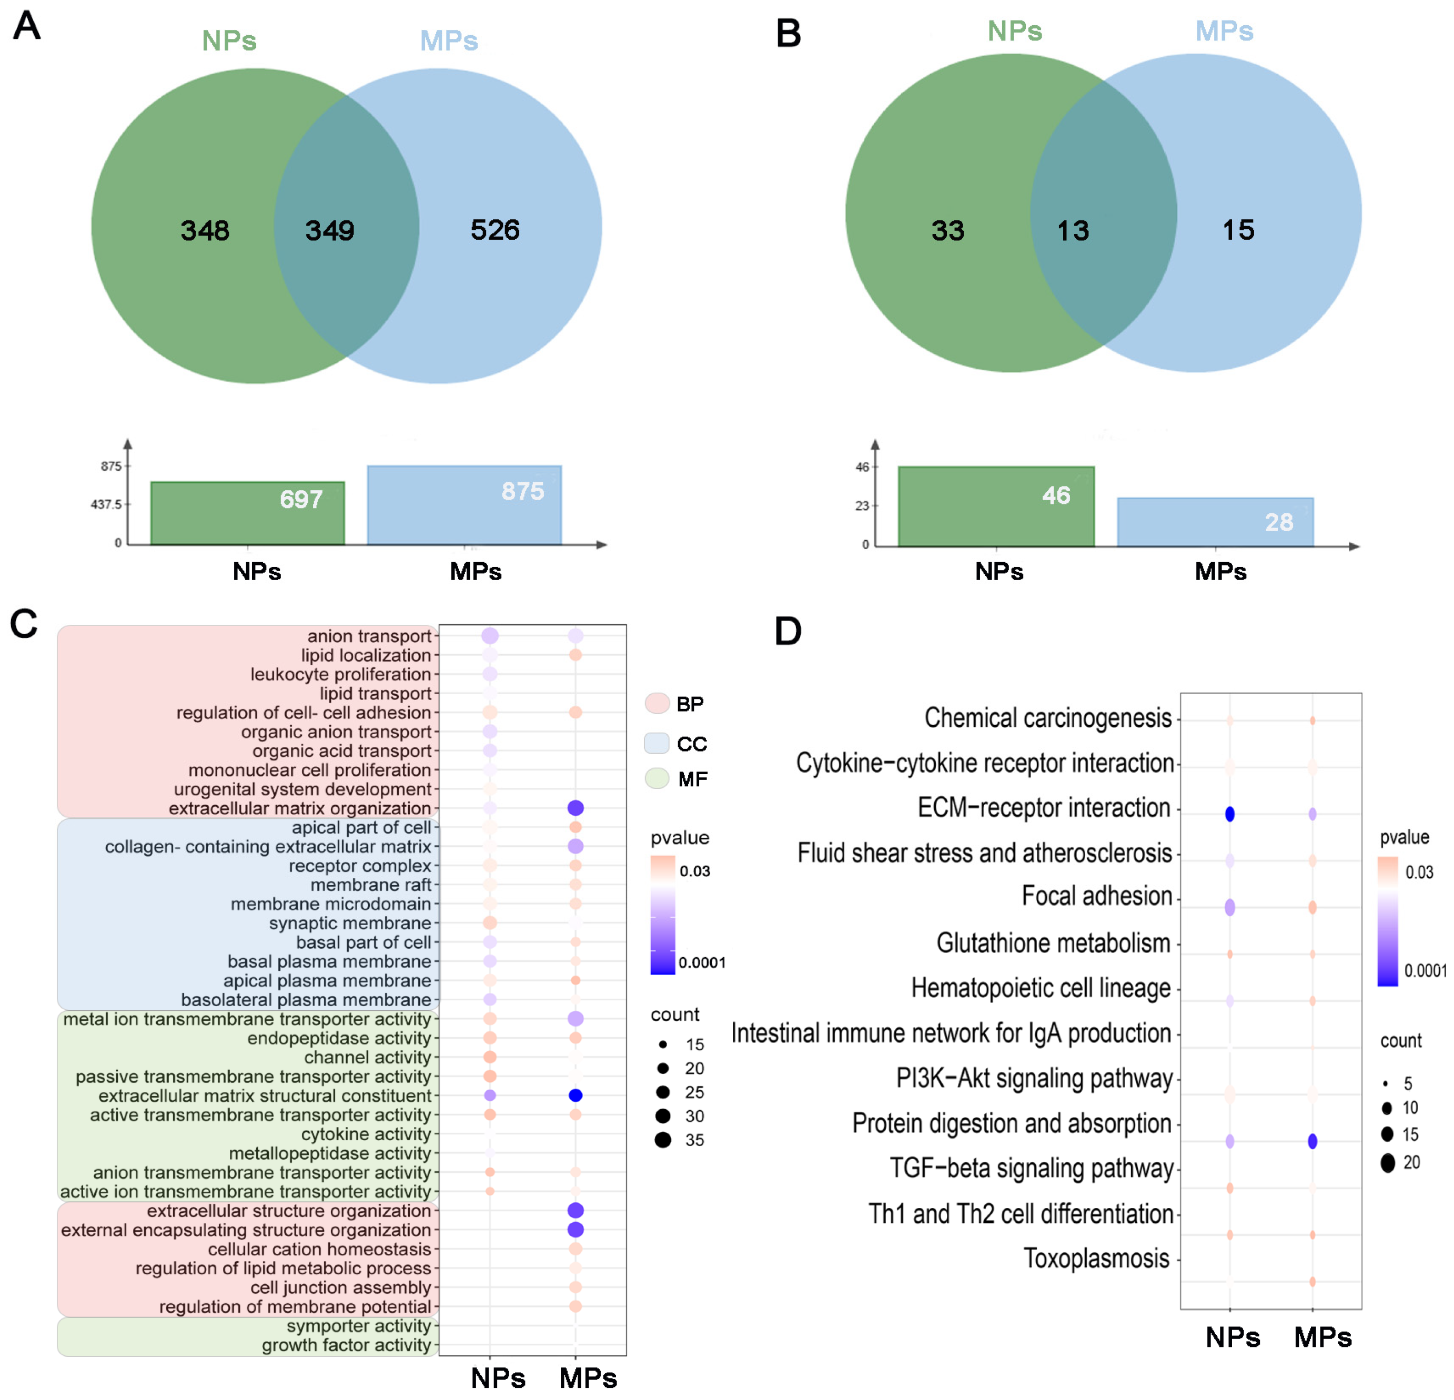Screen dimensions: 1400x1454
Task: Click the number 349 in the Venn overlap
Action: coord(330,230)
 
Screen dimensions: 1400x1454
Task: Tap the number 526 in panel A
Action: coord(495,230)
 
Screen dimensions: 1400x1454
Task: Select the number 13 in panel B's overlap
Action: coord(1073,230)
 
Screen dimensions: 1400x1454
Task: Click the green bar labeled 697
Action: coord(247,513)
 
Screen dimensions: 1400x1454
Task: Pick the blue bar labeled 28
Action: coord(1215,522)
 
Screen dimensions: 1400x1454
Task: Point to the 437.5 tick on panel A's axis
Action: coord(106,504)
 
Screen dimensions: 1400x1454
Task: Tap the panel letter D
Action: coord(788,632)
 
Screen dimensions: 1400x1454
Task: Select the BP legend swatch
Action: coord(657,703)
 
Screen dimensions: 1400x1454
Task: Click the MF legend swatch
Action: coord(657,778)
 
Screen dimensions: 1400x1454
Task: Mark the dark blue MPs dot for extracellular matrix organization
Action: coord(575,807)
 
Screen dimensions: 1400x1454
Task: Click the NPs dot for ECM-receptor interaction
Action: coord(1229,814)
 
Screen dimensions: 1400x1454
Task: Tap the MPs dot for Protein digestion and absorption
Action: coord(1312,1141)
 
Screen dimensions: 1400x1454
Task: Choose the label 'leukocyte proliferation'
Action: coord(340,674)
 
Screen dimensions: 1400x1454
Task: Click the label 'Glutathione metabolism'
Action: coord(1053,943)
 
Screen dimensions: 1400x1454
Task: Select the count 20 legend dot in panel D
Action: coord(1387,1163)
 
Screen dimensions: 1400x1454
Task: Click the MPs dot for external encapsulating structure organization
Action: coord(575,1230)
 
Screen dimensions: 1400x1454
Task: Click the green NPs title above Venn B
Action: coord(1014,31)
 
